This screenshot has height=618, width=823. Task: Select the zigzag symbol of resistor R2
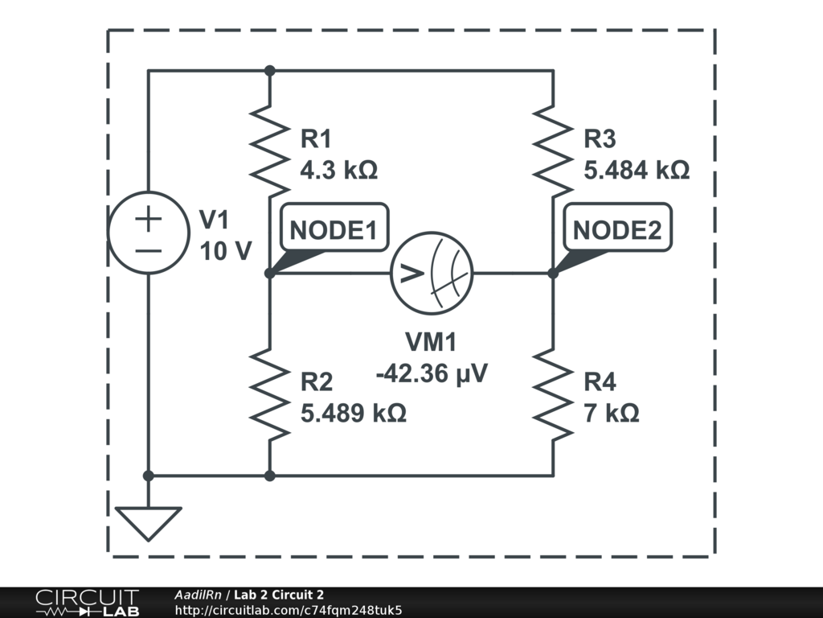point(269,394)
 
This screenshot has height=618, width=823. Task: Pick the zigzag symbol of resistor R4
point(553,394)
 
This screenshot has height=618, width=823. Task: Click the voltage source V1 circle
point(148,233)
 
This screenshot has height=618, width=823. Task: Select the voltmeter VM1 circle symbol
point(431,274)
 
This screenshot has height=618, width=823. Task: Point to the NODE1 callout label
point(333,230)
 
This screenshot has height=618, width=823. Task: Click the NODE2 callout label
point(616,230)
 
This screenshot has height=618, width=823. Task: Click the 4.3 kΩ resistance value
point(338,171)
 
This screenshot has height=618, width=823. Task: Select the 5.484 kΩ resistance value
point(637,171)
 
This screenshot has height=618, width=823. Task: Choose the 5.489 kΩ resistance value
point(353,413)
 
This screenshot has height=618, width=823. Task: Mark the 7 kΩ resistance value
point(612,413)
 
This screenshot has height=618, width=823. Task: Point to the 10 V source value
point(225,252)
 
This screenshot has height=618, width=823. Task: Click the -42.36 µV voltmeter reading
point(431,374)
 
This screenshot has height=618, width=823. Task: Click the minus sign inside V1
point(148,250)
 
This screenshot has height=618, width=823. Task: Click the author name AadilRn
point(199,595)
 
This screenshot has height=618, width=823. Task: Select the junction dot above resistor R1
point(269,71)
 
